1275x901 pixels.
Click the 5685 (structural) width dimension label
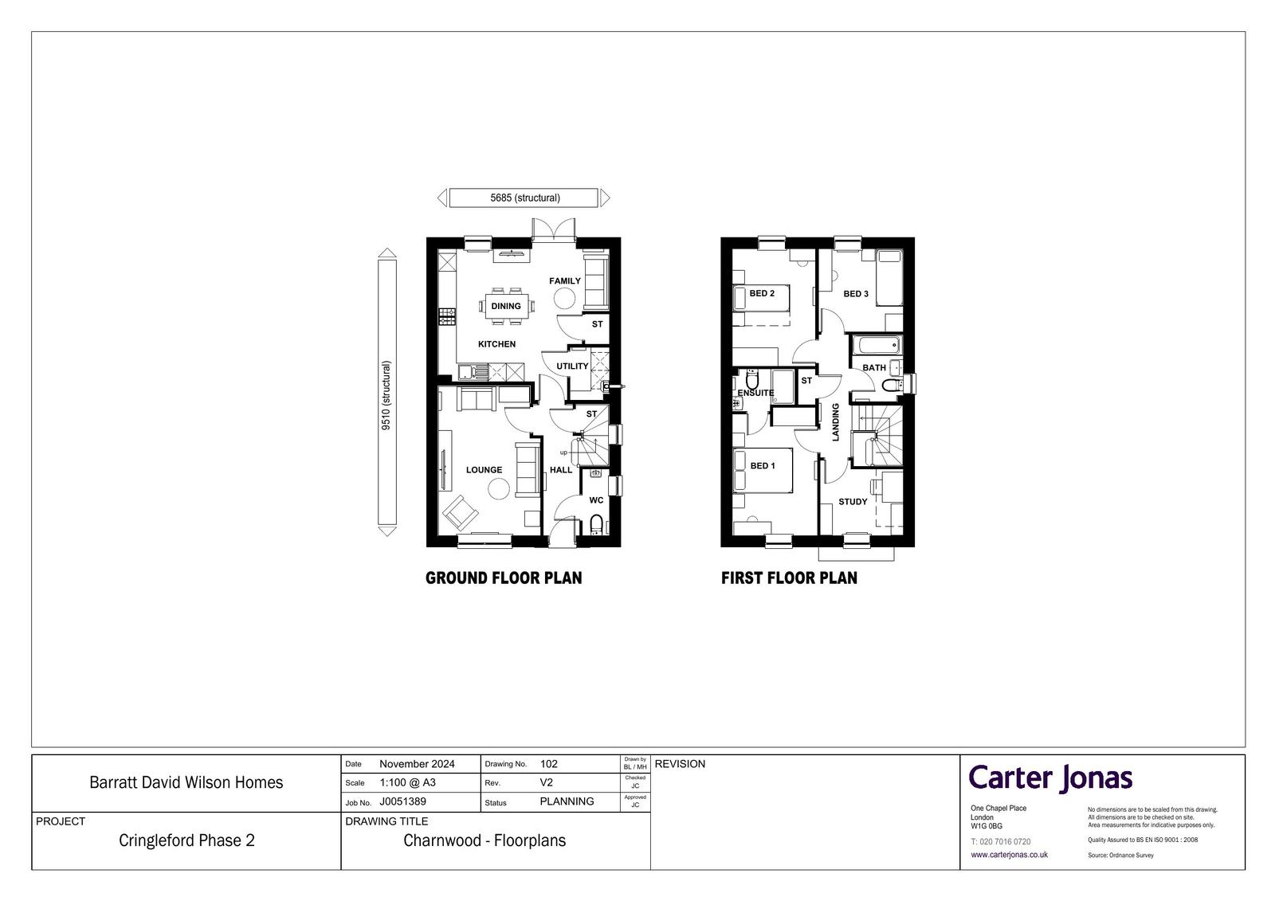pyautogui.click(x=525, y=198)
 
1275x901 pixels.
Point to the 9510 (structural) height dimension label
pyautogui.click(x=386, y=395)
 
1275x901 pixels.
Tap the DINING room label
pyautogui.click(x=506, y=306)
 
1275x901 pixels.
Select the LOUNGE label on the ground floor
pyautogui.click(x=484, y=469)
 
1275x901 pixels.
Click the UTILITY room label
pyautogui.click(x=572, y=366)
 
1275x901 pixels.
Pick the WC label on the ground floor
pyautogui.click(x=596, y=500)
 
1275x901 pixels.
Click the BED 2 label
pyautogui.click(x=762, y=293)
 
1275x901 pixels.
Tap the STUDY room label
pyautogui.click(x=853, y=501)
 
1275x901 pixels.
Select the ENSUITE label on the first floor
pyautogui.click(x=755, y=393)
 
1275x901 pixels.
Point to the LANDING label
pyautogui.click(x=836, y=421)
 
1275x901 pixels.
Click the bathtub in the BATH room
pyautogui.click(x=877, y=345)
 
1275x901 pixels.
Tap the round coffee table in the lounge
pyautogui.click(x=499, y=488)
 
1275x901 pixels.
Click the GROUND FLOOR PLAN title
pyautogui.click(x=504, y=578)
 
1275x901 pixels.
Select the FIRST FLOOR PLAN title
pyautogui.click(x=789, y=578)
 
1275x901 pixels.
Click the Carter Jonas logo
pyautogui.click(x=1050, y=778)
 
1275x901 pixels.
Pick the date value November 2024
pyautogui.click(x=418, y=764)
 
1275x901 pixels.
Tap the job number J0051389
pyautogui.click(x=403, y=801)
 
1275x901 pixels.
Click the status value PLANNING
pyautogui.click(x=567, y=801)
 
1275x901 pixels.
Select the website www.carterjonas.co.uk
pyautogui.click(x=1009, y=854)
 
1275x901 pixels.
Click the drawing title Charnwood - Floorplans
pyautogui.click(x=484, y=840)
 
